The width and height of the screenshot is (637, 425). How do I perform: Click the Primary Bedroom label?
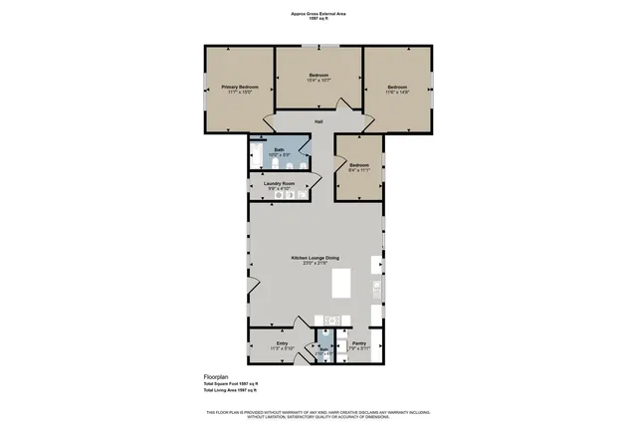[240, 87]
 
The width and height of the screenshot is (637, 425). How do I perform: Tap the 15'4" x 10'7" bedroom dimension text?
[318, 79]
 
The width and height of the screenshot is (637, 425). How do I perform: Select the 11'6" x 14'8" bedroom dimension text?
[397, 90]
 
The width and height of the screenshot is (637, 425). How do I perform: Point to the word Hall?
[318, 121]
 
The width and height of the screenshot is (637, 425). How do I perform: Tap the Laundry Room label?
[279, 183]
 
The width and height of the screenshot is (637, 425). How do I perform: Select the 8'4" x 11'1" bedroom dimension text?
[358, 170]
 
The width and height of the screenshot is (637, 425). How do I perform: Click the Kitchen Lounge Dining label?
[316, 258]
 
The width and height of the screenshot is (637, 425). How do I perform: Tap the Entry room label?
[282, 343]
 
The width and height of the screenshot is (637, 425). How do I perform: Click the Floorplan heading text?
[204, 377]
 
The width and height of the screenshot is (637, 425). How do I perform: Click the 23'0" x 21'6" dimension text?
[316, 263]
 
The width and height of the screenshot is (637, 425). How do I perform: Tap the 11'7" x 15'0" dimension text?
[240, 93]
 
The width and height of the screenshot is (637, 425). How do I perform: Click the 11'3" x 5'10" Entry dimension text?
[282, 348]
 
